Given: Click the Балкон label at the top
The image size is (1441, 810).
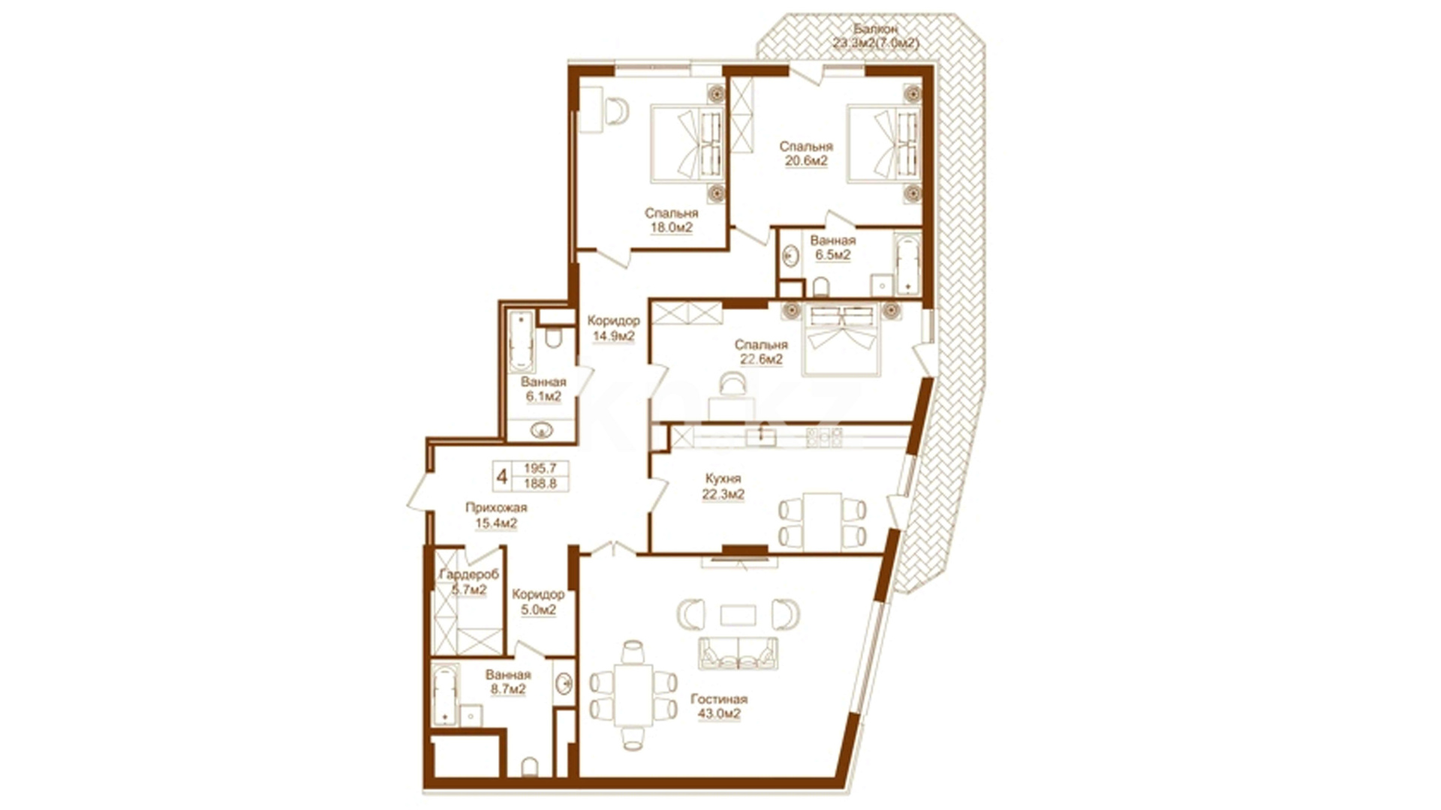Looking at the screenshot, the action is click(875, 29).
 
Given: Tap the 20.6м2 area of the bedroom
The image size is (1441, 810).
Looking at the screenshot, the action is click(806, 161).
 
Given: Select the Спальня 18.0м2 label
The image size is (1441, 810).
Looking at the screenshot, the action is click(671, 220).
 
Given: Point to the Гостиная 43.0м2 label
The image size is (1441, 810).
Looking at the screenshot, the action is click(719, 706).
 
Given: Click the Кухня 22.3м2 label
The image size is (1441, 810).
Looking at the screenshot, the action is click(724, 486).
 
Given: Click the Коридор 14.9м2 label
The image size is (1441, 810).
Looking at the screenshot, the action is click(614, 328).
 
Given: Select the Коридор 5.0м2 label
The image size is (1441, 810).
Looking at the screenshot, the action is click(538, 602).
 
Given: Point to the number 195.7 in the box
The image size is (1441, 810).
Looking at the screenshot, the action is click(540, 468).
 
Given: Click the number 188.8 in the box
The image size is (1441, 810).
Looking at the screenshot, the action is click(540, 484).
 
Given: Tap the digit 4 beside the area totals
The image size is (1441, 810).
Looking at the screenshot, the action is click(502, 476).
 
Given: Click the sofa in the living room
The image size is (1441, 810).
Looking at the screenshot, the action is click(739, 653).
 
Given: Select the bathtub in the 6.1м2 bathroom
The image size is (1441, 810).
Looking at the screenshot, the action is click(521, 341).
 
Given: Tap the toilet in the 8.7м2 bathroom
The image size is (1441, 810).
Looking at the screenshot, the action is click(530, 766).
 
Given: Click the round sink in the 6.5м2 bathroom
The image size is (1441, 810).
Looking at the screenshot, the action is click(790, 257).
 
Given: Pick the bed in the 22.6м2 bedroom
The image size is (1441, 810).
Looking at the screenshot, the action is click(841, 339).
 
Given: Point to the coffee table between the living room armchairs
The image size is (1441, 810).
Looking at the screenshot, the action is click(739, 615).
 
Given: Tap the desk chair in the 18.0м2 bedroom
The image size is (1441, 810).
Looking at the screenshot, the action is click(617, 112).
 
